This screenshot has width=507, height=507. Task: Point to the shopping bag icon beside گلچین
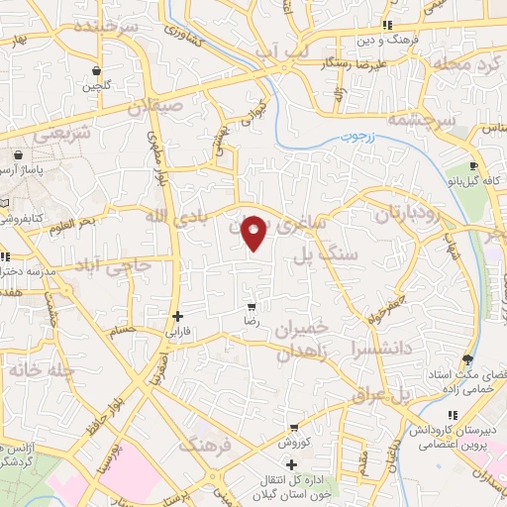coord(96,71)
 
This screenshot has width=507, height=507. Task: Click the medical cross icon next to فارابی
coord(177,317)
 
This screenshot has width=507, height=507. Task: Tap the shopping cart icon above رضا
coord(252,307)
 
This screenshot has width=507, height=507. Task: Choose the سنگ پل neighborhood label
coord(322,256)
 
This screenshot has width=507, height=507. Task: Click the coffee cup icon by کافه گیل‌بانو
coord(475,165)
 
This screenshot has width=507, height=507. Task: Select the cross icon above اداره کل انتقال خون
coord(291,465)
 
